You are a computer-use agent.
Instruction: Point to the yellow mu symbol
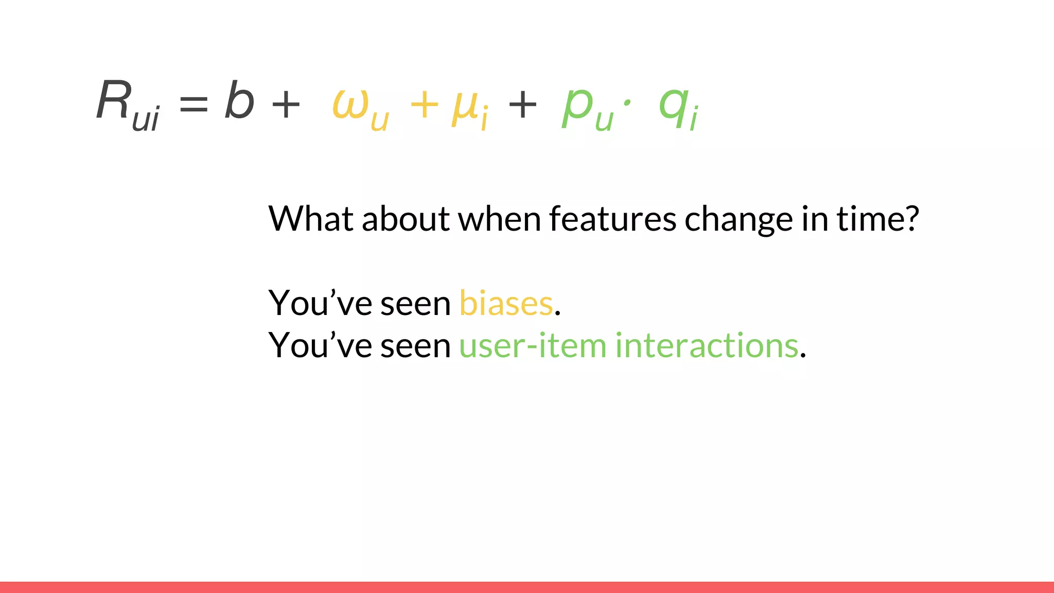464,108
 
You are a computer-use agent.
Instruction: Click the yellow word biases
506,303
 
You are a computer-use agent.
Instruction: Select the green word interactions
707,345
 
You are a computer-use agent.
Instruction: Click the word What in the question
311,219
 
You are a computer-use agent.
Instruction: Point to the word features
612,219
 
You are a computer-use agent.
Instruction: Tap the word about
406,219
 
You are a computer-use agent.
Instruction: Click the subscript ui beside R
146,119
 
